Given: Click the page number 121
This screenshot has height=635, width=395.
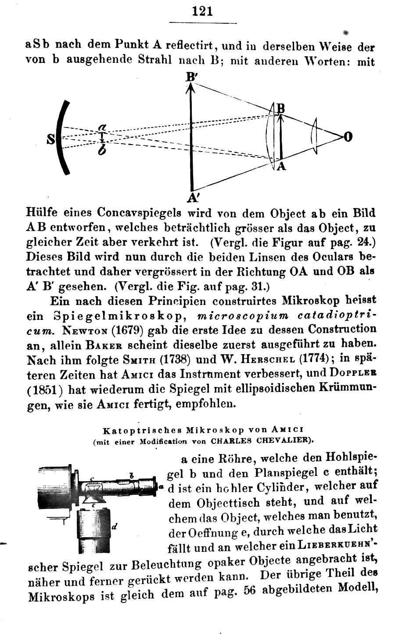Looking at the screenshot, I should coord(202,11).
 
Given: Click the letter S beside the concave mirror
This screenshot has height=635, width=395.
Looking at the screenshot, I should coord(51,140).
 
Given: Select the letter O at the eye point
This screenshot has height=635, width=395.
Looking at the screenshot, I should coord(348,137).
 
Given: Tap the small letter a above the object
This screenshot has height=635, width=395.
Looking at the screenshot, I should coord(101,127).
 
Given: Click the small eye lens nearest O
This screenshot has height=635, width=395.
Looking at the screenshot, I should coord(314,136).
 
